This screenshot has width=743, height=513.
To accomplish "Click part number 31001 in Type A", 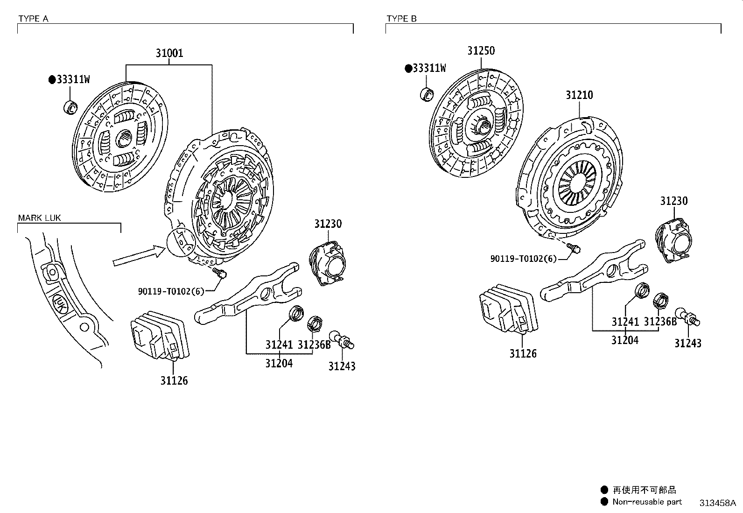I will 169,53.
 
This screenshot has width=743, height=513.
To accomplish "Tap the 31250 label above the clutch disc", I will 481,51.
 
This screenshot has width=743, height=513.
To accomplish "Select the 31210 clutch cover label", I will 579,95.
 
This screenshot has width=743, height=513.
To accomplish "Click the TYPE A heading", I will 33,19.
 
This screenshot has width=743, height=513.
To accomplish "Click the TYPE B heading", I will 401,19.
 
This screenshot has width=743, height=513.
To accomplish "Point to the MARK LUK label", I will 39,218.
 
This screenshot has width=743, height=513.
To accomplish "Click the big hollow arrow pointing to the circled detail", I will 139,257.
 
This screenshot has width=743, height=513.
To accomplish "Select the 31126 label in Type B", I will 523,354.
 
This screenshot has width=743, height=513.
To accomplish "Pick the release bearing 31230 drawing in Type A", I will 326,263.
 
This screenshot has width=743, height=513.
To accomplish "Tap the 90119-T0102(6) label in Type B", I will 523,258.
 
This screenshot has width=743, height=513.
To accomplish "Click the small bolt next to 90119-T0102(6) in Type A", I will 219,272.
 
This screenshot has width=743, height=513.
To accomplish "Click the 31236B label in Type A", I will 314,345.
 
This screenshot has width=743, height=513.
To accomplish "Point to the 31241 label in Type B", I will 625,322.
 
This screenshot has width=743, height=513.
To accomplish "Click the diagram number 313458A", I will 717,503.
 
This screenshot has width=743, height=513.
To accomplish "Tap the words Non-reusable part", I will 647,502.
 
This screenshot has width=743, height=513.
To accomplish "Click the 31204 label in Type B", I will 625,340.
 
